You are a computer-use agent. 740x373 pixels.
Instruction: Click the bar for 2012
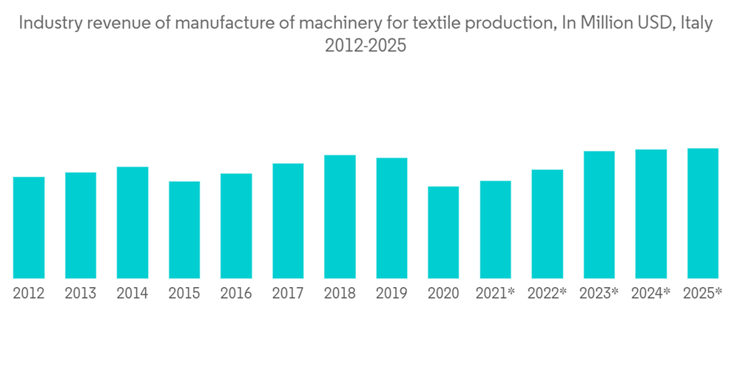pos(29,227)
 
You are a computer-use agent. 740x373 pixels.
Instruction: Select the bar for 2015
pos(184,229)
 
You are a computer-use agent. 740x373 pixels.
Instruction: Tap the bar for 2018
pos(340,216)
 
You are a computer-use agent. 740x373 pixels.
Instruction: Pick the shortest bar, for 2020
pos(443,232)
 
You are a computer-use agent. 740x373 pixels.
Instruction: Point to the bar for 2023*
pos(599,215)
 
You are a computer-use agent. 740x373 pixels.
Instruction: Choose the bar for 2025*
pos(702,213)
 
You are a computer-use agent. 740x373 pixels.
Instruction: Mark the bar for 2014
pos(132,222)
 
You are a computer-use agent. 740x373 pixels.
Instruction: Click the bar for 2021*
pos(495,229)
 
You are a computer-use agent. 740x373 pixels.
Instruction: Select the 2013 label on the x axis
pos(81,294)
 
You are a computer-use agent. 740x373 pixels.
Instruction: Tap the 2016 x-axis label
pos(236,294)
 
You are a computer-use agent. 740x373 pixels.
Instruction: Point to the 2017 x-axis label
pos(288,294)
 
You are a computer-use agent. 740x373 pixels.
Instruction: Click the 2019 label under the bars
pos(391,294)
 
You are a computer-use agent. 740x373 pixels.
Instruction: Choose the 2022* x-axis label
pos(547,294)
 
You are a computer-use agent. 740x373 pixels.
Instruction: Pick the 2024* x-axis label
pos(650,294)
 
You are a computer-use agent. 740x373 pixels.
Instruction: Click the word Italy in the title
pos(696,23)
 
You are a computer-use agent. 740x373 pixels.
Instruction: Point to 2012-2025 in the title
pos(366,46)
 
